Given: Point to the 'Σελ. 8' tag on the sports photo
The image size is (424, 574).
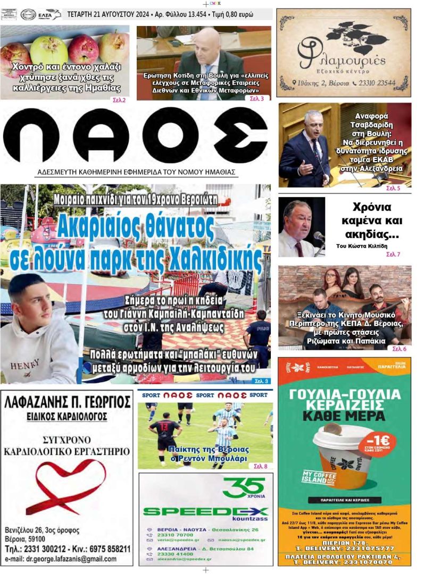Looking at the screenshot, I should [261, 466].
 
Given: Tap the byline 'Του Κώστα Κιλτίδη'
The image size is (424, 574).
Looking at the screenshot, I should [362, 246].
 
